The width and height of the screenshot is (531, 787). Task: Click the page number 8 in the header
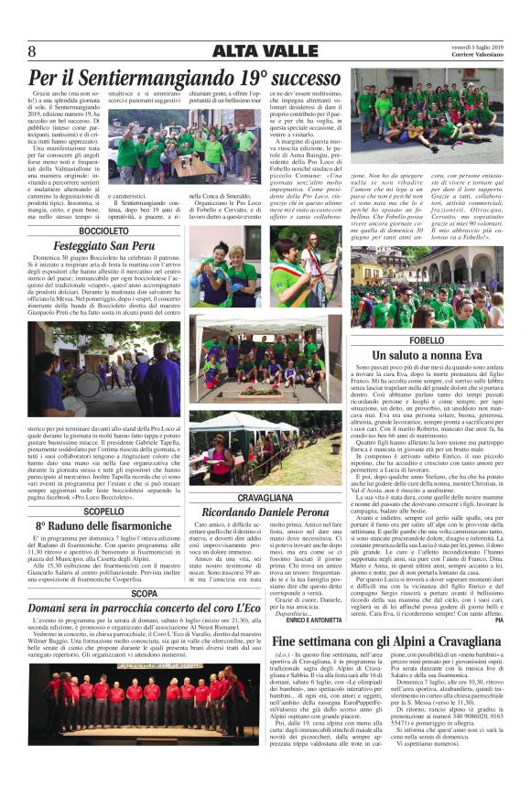click(32, 51)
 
